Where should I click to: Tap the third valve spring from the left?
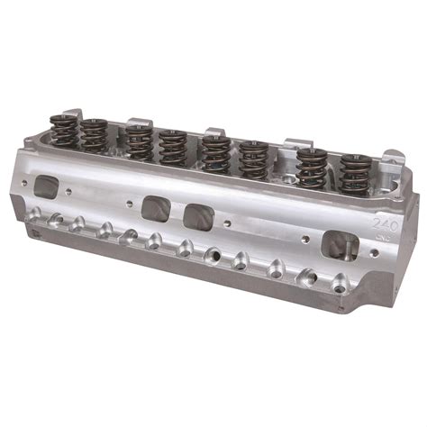tap(137, 142)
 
